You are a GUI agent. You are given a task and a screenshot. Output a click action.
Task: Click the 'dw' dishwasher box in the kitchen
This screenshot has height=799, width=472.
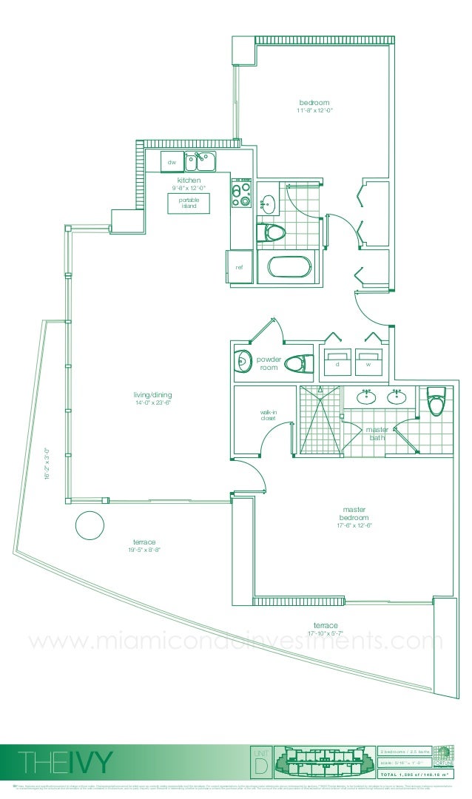[172, 161]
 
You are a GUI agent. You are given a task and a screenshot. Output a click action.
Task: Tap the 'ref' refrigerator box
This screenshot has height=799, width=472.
[239, 266]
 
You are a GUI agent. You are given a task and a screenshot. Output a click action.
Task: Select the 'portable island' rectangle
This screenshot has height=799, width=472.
[189, 203]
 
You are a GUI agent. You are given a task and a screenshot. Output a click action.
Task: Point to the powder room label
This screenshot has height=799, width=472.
[269, 363]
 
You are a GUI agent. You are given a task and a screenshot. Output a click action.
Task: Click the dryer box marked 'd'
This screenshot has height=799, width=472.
[337, 363]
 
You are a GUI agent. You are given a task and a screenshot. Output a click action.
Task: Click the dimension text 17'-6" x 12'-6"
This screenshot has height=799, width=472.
[354, 525]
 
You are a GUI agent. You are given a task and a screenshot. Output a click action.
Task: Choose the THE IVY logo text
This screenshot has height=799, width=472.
[67, 761]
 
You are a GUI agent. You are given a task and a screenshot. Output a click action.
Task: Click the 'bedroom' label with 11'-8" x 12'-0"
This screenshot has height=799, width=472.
[314, 103]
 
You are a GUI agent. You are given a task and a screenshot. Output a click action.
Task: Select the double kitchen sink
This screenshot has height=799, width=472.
[200, 161]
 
